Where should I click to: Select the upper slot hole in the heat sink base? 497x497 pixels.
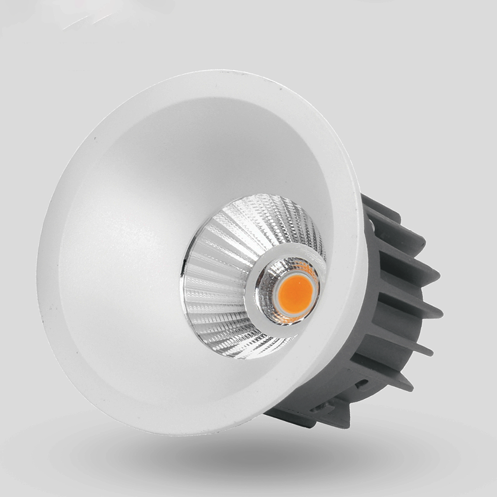pyautogui.click(x=362, y=384)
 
